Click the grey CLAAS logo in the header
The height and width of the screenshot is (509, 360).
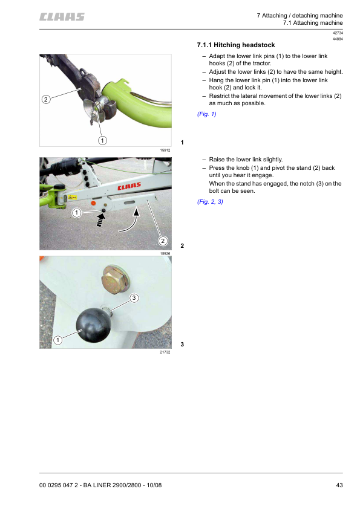[62, 17]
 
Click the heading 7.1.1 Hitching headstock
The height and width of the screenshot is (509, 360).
[236, 45]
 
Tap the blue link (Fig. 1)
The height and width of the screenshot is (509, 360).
[207, 114]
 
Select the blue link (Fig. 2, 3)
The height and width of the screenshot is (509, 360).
[210, 201]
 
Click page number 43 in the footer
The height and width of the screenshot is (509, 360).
[339, 485]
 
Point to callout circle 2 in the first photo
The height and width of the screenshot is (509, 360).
[46, 99]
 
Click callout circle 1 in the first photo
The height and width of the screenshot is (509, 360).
[102, 140]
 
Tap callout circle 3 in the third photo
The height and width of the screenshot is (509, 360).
[134, 297]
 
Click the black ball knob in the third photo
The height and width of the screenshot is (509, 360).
[93, 325]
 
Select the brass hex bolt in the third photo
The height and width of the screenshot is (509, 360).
[116, 279]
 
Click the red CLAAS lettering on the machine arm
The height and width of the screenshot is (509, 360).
[129, 186]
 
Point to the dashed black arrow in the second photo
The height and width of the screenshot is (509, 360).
[100, 219]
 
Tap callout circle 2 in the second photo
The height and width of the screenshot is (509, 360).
[163, 241]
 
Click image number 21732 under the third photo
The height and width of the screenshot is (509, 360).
[165, 352]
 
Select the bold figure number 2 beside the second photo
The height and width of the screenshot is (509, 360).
[182, 246]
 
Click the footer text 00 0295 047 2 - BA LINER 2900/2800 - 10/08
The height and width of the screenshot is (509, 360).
[100, 485]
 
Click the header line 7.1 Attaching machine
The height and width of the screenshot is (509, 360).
[313, 23]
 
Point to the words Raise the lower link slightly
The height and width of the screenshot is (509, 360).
[246, 160]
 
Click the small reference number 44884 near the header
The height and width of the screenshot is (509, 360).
[338, 39]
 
